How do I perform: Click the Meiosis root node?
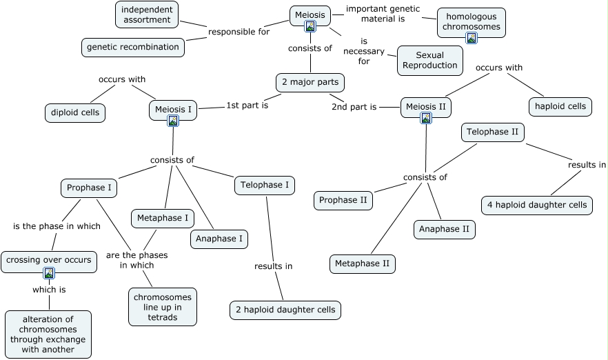coord(310,15)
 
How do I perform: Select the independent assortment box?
coord(147,14)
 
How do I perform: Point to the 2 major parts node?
coord(310,83)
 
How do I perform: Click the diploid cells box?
coord(75,112)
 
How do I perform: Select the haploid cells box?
coord(560,106)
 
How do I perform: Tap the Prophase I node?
coord(90,187)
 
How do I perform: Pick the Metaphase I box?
coord(163,218)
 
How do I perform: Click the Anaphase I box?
coord(219,239)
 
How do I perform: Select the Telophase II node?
coord(492,132)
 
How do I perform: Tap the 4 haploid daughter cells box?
coord(537,205)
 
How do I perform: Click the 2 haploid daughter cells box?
coord(285,310)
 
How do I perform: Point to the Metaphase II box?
coord(363,263)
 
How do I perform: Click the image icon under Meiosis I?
coord(173,121)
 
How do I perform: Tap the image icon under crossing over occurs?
coord(49,273)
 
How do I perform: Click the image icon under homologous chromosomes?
coord(472,38)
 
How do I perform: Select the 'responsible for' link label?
coord(239,31)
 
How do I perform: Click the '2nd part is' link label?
coord(354,107)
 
